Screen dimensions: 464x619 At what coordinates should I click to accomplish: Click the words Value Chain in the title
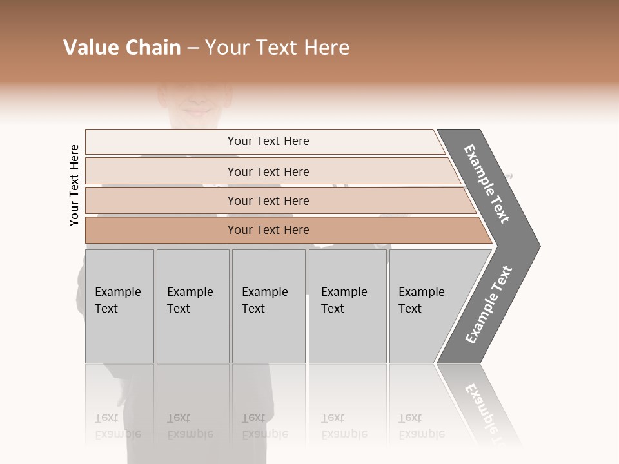point(122,48)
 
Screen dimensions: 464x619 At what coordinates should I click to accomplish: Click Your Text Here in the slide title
point(277,48)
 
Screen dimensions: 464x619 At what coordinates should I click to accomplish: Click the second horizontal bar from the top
point(268,171)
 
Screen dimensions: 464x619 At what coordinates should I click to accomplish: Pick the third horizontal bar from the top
point(268,200)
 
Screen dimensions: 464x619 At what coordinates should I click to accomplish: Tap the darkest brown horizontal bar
point(268,230)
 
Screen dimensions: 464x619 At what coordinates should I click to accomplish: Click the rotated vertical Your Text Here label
point(74,186)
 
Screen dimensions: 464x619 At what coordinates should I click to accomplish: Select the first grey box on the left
point(119,306)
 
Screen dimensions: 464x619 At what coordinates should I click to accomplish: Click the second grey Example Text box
point(192,306)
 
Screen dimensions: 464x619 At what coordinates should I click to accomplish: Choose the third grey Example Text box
point(268,306)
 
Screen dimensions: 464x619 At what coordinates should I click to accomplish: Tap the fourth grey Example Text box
point(347,306)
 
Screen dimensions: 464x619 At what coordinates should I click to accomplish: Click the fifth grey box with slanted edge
point(426,306)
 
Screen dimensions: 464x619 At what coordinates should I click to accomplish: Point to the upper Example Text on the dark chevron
point(487,184)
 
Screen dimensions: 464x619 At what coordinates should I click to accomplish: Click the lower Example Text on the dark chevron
point(489,305)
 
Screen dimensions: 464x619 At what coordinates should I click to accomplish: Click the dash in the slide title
point(193,48)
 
